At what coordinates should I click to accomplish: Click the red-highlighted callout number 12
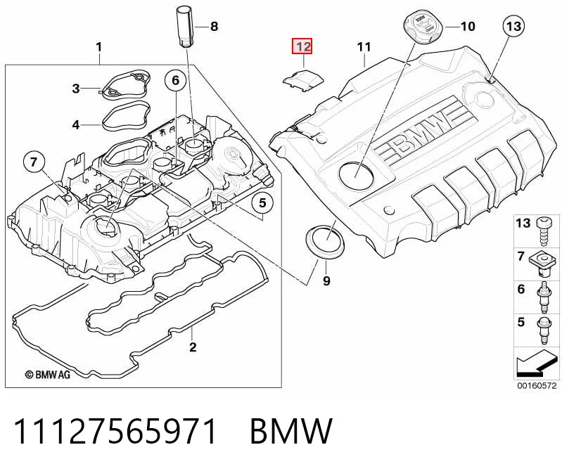302,46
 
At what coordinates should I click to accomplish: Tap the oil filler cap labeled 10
423,25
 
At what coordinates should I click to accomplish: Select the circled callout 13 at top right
513,26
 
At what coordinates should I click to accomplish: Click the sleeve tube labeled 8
184,26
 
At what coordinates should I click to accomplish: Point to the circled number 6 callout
176,80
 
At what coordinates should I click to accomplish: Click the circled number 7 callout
34,162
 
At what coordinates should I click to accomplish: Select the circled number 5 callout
263,203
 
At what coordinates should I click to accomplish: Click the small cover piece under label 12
303,79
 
